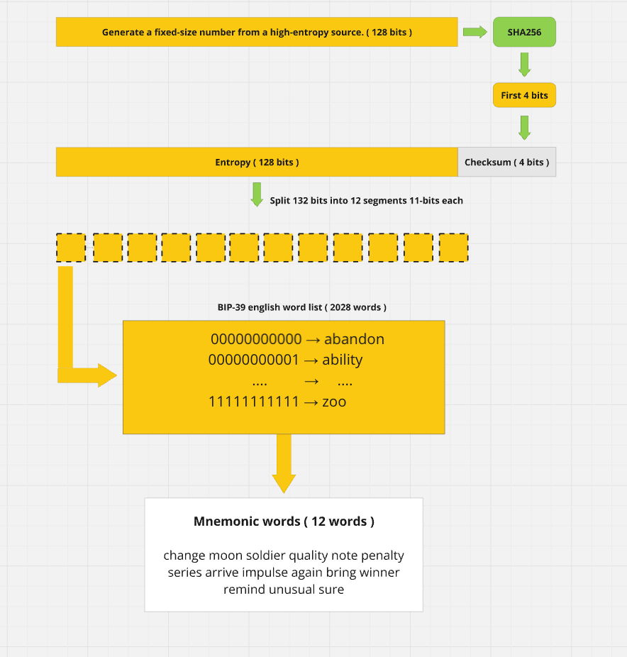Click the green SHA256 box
tap(524, 32)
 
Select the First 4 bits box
tap(524, 95)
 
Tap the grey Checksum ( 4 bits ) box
tap(507, 162)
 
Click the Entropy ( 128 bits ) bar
tap(257, 162)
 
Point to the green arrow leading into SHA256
tap(475, 32)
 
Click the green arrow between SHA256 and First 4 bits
tap(524, 65)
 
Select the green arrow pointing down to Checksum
tap(524, 128)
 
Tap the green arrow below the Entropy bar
tap(257, 194)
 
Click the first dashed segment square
tap(71, 248)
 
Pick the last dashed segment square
tap(454, 248)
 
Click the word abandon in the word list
tap(355, 339)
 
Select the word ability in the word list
tap(342, 360)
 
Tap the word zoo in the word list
tap(334, 402)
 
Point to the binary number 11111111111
tap(254, 402)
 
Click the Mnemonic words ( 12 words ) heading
tap(284, 521)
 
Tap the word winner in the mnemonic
tap(380, 573)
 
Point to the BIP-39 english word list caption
tap(302, 307)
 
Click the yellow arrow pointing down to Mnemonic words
tap(284, 463)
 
